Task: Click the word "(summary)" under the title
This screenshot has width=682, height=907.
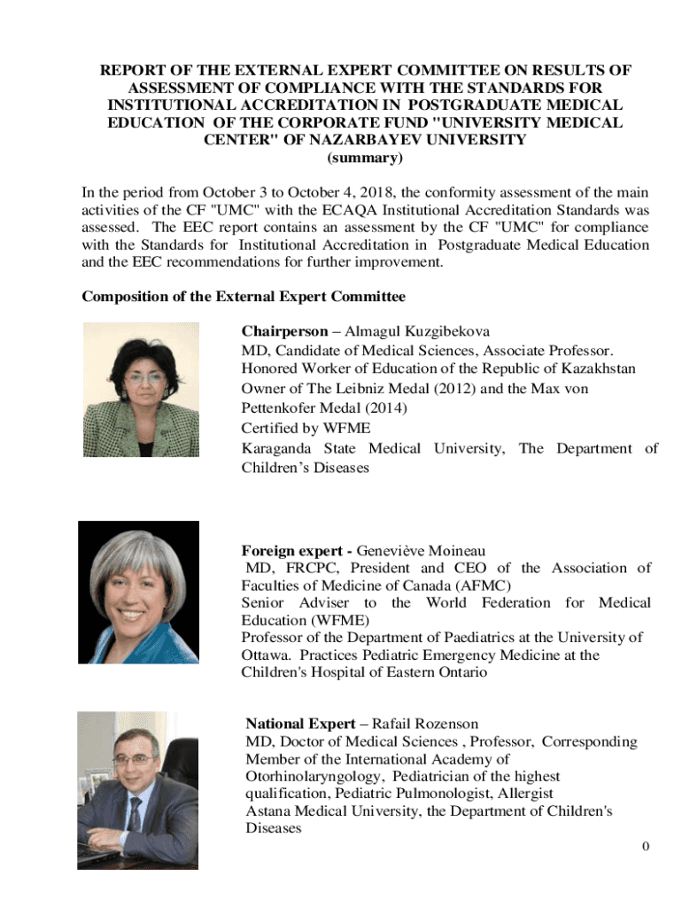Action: point(365,159)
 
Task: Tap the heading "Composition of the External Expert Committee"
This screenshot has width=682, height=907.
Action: point(244,296)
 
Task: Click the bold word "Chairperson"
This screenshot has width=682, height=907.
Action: point(284,331)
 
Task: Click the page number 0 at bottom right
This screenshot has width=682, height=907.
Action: point(646,846)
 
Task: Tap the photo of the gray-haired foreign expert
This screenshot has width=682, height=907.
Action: point(137,592)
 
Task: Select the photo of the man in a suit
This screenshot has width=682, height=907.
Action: point(137,789)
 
